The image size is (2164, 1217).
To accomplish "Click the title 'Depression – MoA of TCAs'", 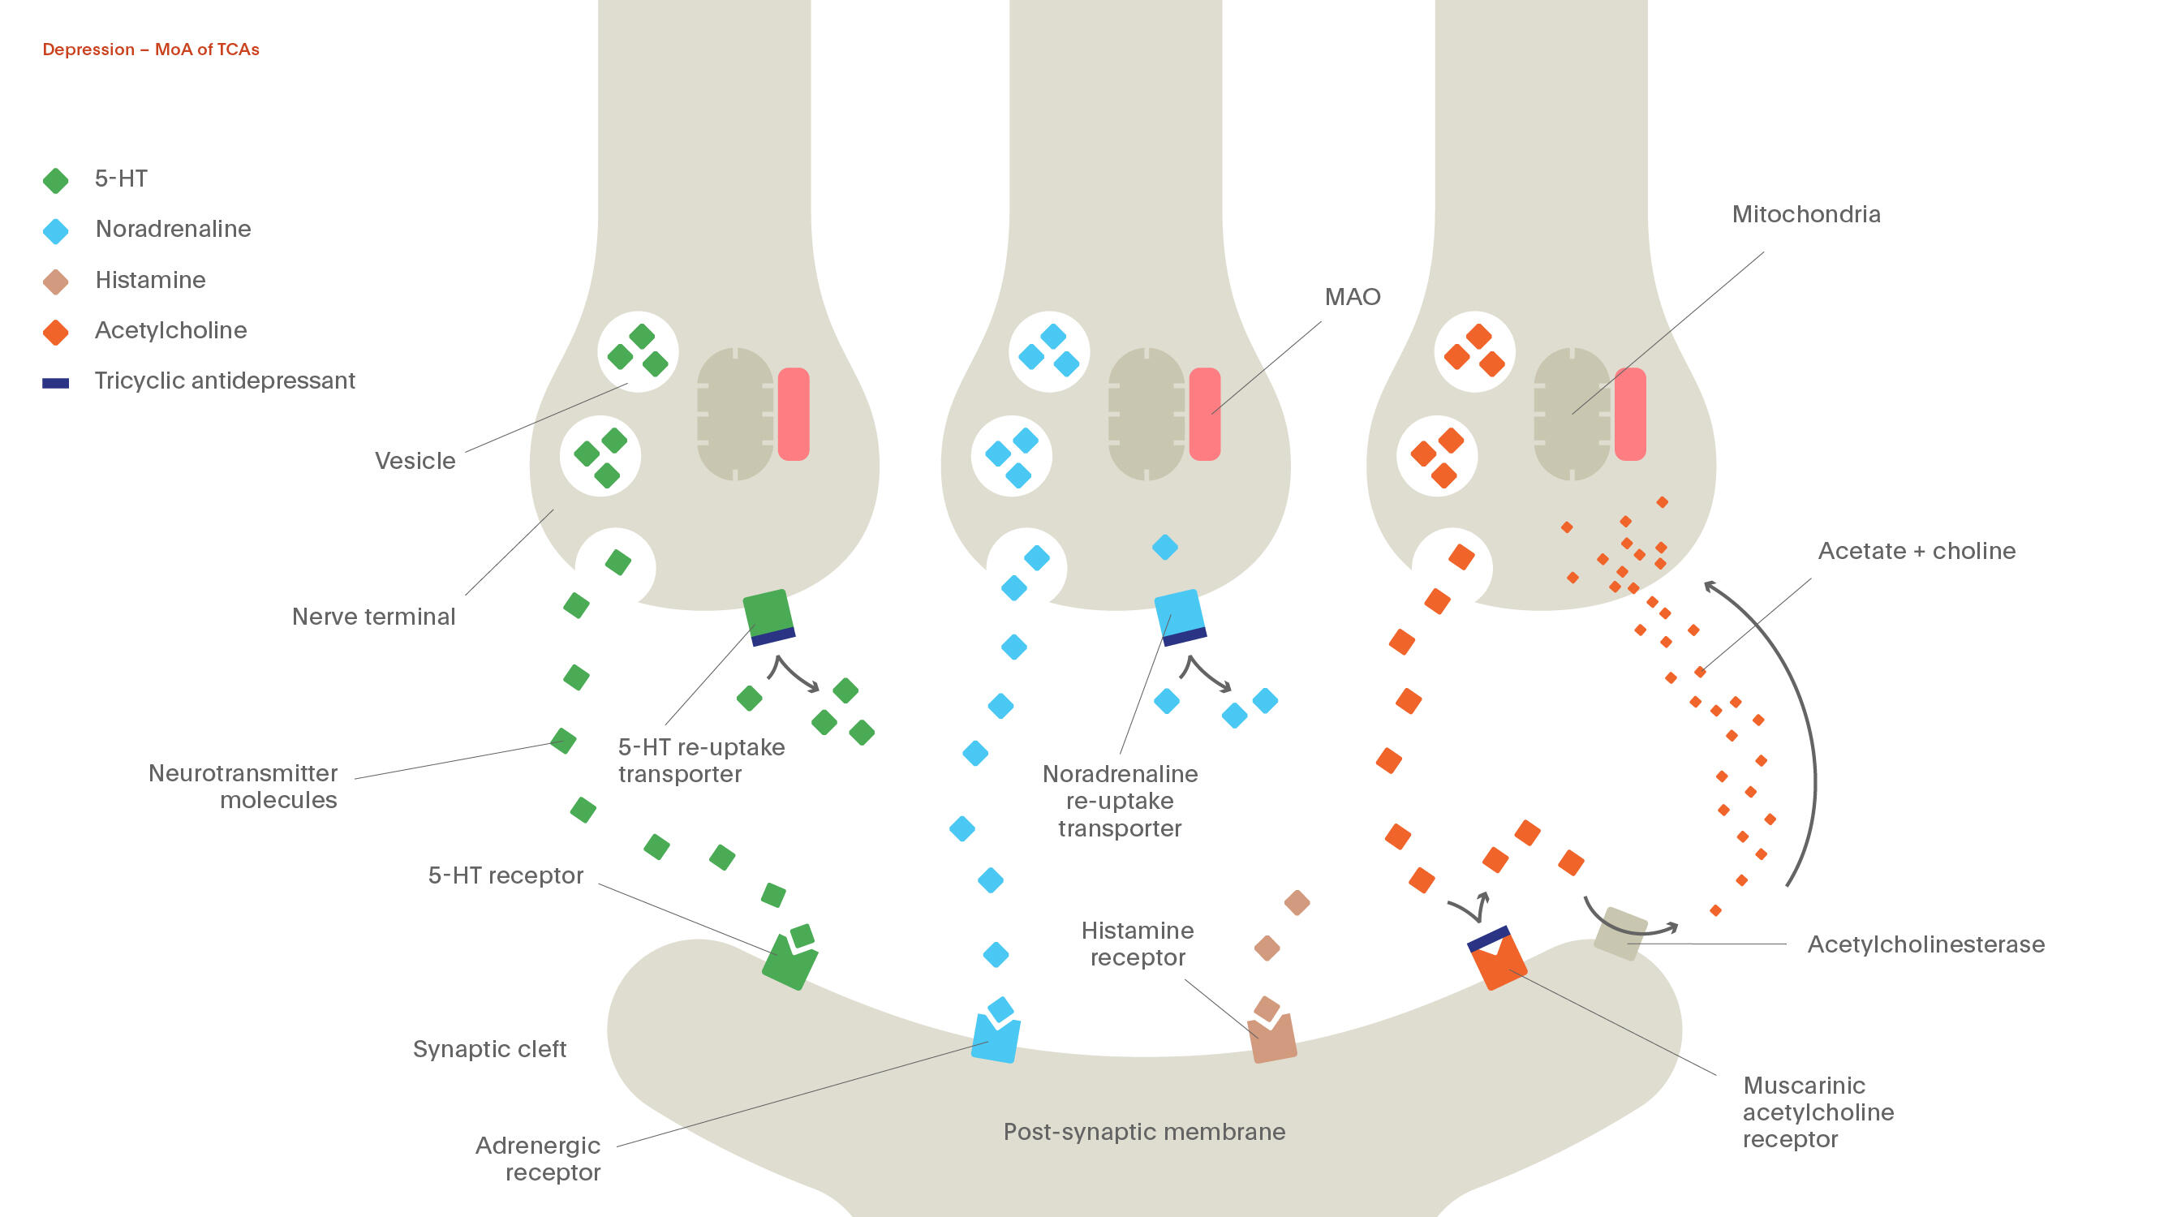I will (x=150, y=49).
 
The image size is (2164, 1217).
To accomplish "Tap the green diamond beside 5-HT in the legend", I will (x=55, y=181).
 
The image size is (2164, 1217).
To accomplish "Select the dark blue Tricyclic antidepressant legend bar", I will (x=55, y=383).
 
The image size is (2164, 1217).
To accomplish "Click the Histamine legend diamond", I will (x=55, y=282).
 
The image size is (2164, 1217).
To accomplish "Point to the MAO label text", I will (x=1352, y=296).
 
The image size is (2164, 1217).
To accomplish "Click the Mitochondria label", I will (x=1805, y=214).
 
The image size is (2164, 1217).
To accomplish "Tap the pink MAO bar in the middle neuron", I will (x=1204, y=414).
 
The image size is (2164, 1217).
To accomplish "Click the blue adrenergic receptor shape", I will (x=996, y=1040).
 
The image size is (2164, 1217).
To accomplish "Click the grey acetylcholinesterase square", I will (x=1620, y=932).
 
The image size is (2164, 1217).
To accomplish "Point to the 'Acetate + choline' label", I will (x=1917, y=551).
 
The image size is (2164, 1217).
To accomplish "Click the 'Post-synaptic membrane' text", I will (x=1144, y=1131).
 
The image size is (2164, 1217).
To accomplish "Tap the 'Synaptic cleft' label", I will (x=489, y=1049).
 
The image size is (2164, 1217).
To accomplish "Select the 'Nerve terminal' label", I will (x=373, y=617).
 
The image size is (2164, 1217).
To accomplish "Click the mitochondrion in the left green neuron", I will (x=735, y=414).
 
